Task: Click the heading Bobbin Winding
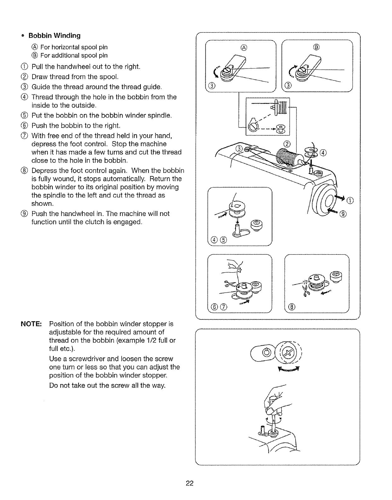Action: pos(55,35)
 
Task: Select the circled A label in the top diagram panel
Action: pos(243,48)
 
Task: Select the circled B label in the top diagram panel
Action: pos(317,48)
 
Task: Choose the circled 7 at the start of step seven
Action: pos(26,136)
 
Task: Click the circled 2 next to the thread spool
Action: pos(287,144)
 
